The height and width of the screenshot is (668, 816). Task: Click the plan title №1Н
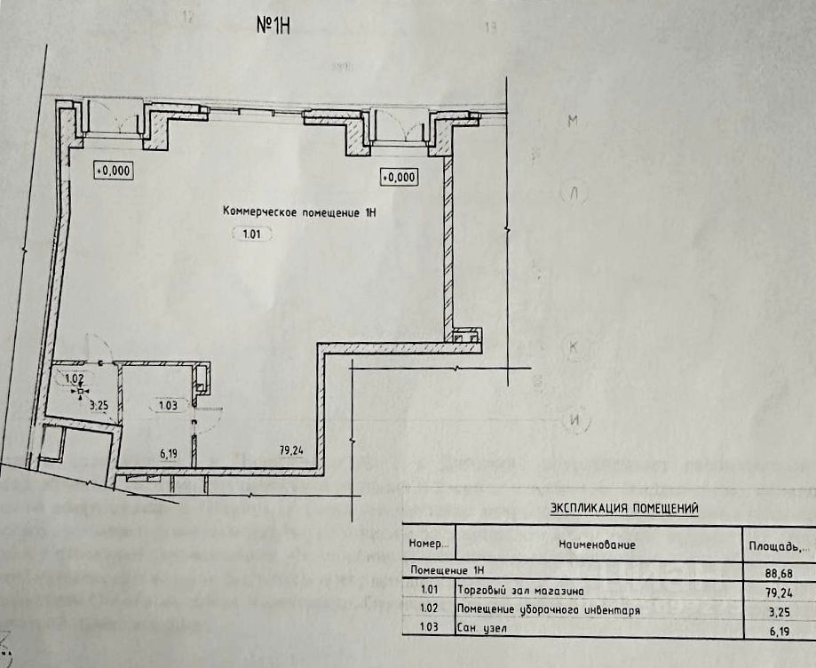(274, 25)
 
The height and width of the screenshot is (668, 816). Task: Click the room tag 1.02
(74, 378)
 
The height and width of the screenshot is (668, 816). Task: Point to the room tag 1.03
(167, 406)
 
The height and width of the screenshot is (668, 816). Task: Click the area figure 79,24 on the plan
(291, 450)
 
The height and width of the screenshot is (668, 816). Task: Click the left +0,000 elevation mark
(113, 169)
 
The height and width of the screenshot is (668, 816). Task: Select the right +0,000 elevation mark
(399, 177)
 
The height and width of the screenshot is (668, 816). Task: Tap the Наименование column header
(597, 543)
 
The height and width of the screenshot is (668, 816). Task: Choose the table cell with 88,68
(776, 572)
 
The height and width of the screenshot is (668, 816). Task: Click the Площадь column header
(775, 545)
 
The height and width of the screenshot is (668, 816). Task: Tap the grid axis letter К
(574, 347)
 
